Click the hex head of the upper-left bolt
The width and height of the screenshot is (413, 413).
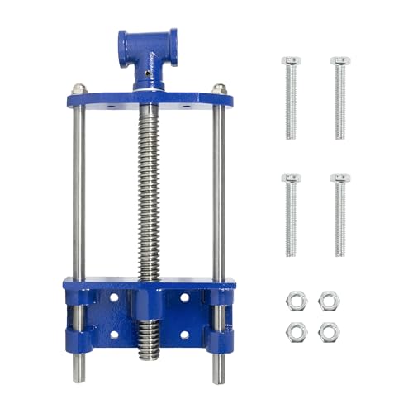pos(291,61)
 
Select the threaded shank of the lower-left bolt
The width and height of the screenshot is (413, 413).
pos(291,219)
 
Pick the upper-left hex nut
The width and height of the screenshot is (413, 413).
pos(292,298)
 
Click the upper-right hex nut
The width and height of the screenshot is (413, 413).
pos(328,298)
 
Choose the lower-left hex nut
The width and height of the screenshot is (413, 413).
pos(292,331)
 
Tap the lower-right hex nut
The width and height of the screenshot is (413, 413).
pos(328,331)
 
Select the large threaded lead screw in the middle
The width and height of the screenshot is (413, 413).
pos(150,190)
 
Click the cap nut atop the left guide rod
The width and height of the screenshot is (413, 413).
pos(78,88)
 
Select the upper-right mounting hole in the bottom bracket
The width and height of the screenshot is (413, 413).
pos(184,297)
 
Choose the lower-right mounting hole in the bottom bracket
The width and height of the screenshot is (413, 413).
pos(184,335)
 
